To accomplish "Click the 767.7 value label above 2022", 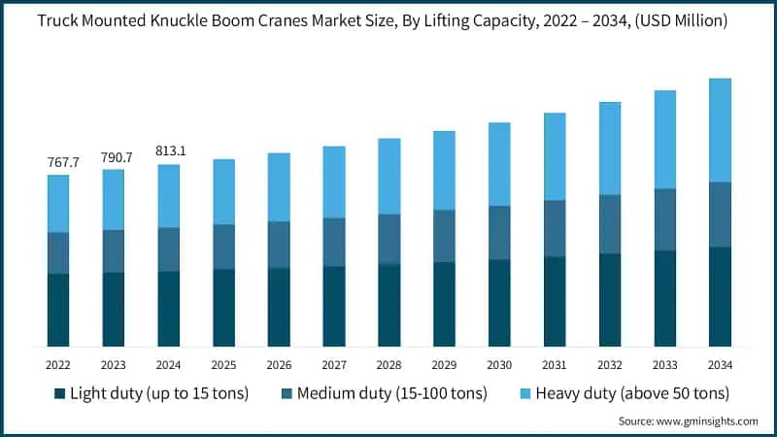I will pyautogui.click(x=58, y=161).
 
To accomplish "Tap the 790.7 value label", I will pyautogui.click(x=114, y=156).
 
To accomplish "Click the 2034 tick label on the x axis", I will pyautogui.click(x=720, y=364).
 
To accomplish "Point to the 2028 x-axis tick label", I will pyautogui.click(x=388, y=364).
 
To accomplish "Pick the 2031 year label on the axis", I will pyautogui.click(x=555, y=364).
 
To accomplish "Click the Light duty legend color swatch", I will pyautogui.click(x=60, y=393).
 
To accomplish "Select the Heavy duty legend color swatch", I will pyautogui.click(x=516, y=393).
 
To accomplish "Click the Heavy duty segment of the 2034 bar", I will pyautogui.click(x=720, y=130).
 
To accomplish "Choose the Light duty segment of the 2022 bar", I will pyautogui.click(x=58, y=310).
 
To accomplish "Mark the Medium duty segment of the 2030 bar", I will pyautogui.click(x=499, y=233).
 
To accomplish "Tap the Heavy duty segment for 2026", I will pyautogui.click(x=279, y=186).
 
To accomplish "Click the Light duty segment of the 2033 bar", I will pyautogui.click(x=664, y=298).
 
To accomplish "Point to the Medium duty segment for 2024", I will pyautogui.click(x=169, y=250).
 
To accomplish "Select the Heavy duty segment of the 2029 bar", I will pyautogui.click(x=444, y=170).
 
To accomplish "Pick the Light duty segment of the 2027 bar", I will pyautogui.click(x=334, y=306).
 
